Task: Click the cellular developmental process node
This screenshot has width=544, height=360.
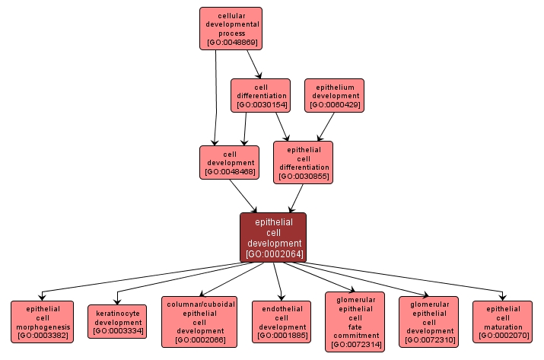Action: [231, 29]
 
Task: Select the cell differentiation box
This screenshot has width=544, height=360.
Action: [261, 95]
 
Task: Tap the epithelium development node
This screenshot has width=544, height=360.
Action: [335, 95]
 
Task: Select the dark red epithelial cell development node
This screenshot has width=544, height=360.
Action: [273, 237]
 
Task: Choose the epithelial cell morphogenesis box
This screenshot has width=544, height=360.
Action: [42, 321]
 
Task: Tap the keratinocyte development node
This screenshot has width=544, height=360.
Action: [118, 321]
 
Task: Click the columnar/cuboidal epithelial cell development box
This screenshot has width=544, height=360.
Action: [199, 321]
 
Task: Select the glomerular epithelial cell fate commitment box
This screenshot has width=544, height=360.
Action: [355, 321]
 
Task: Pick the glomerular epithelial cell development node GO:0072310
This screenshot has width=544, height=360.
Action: [428, 321]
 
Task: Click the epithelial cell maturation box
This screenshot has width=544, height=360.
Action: [502, 321]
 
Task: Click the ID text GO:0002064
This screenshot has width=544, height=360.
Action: [273, 254]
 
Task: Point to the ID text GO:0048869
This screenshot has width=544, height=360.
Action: [231, 43]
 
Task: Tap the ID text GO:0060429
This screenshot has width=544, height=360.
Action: [335, 105]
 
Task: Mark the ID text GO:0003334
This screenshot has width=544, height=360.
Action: [118, 331]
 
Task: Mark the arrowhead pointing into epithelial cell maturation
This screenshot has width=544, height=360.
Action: [502, 297]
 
